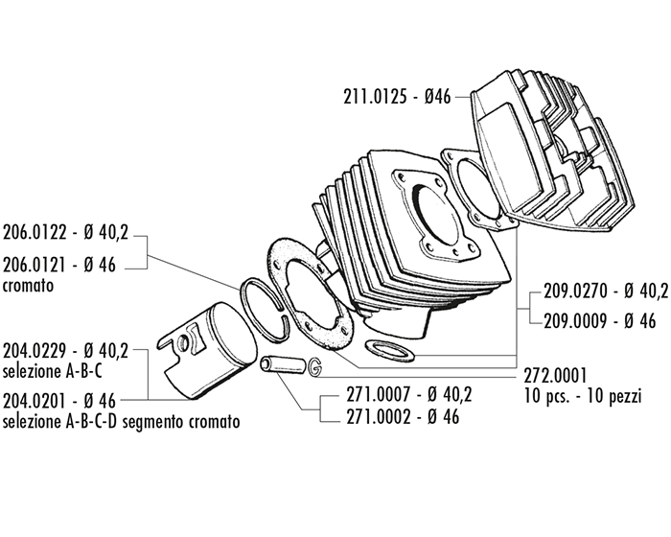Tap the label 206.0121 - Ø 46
(x=59, y=266)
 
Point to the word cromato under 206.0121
(x=28, y=285)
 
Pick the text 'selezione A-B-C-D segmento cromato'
(x=121, y=420)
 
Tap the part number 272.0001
(x=556, y=375)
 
